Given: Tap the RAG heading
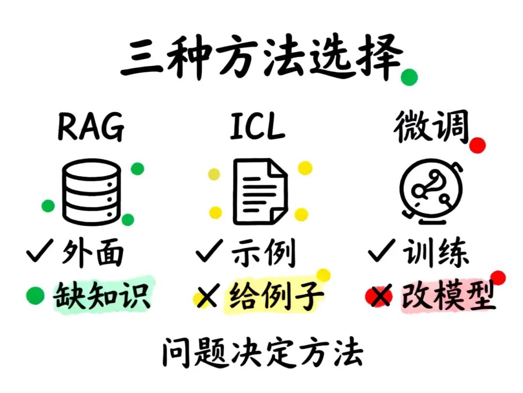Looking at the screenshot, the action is click(x=91, y=127).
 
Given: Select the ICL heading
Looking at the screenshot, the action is click(x=257, y=127).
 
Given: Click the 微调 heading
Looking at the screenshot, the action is click(x=431, y=127).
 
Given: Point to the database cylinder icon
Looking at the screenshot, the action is click(x=92, y=193).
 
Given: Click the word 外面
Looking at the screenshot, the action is click(x=92, y=253).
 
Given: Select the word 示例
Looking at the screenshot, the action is click(x=263, y=253).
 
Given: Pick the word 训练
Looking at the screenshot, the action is click(x=435, y=253).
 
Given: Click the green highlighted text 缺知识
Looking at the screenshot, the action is click(x=102, y=294).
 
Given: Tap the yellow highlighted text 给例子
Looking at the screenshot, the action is click(x=274, y=295).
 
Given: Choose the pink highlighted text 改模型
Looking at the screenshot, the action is click(x=448, y=295).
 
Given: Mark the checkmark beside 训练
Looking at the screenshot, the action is click(x=381, y=253).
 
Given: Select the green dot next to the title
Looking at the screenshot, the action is click(x=409, y=77).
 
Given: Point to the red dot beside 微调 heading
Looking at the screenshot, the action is click(x=477, y=145).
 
